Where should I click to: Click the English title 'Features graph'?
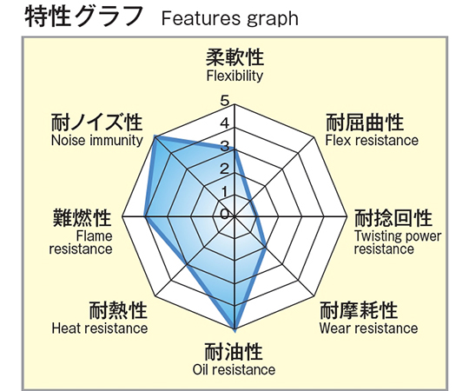pos(229,18)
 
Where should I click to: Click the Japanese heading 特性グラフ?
pos(83,16)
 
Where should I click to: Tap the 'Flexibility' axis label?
pos(234,76)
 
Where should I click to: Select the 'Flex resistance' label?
pos(372,140)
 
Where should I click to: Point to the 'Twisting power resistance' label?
pos(398,242)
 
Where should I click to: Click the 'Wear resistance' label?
pos(368,328)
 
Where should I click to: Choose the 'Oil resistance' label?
pos(234,369)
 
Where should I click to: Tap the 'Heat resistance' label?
pos(100,328)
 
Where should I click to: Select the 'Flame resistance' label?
pos(81,242)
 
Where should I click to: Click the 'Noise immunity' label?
pos(97,140)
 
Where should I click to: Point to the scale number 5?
pos(225,101)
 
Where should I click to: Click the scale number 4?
pos(225,123)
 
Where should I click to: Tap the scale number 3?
pos(225,146)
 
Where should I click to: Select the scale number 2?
pos(225,169)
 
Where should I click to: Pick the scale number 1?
pos(225,192)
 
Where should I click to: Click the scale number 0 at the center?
pos(225,215)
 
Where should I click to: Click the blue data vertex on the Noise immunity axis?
pos(155,136)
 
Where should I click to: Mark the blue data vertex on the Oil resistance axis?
pos(234,329)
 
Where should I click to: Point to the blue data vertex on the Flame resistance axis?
pos(145,215)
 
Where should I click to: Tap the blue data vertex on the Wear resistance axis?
pos(266,247)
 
